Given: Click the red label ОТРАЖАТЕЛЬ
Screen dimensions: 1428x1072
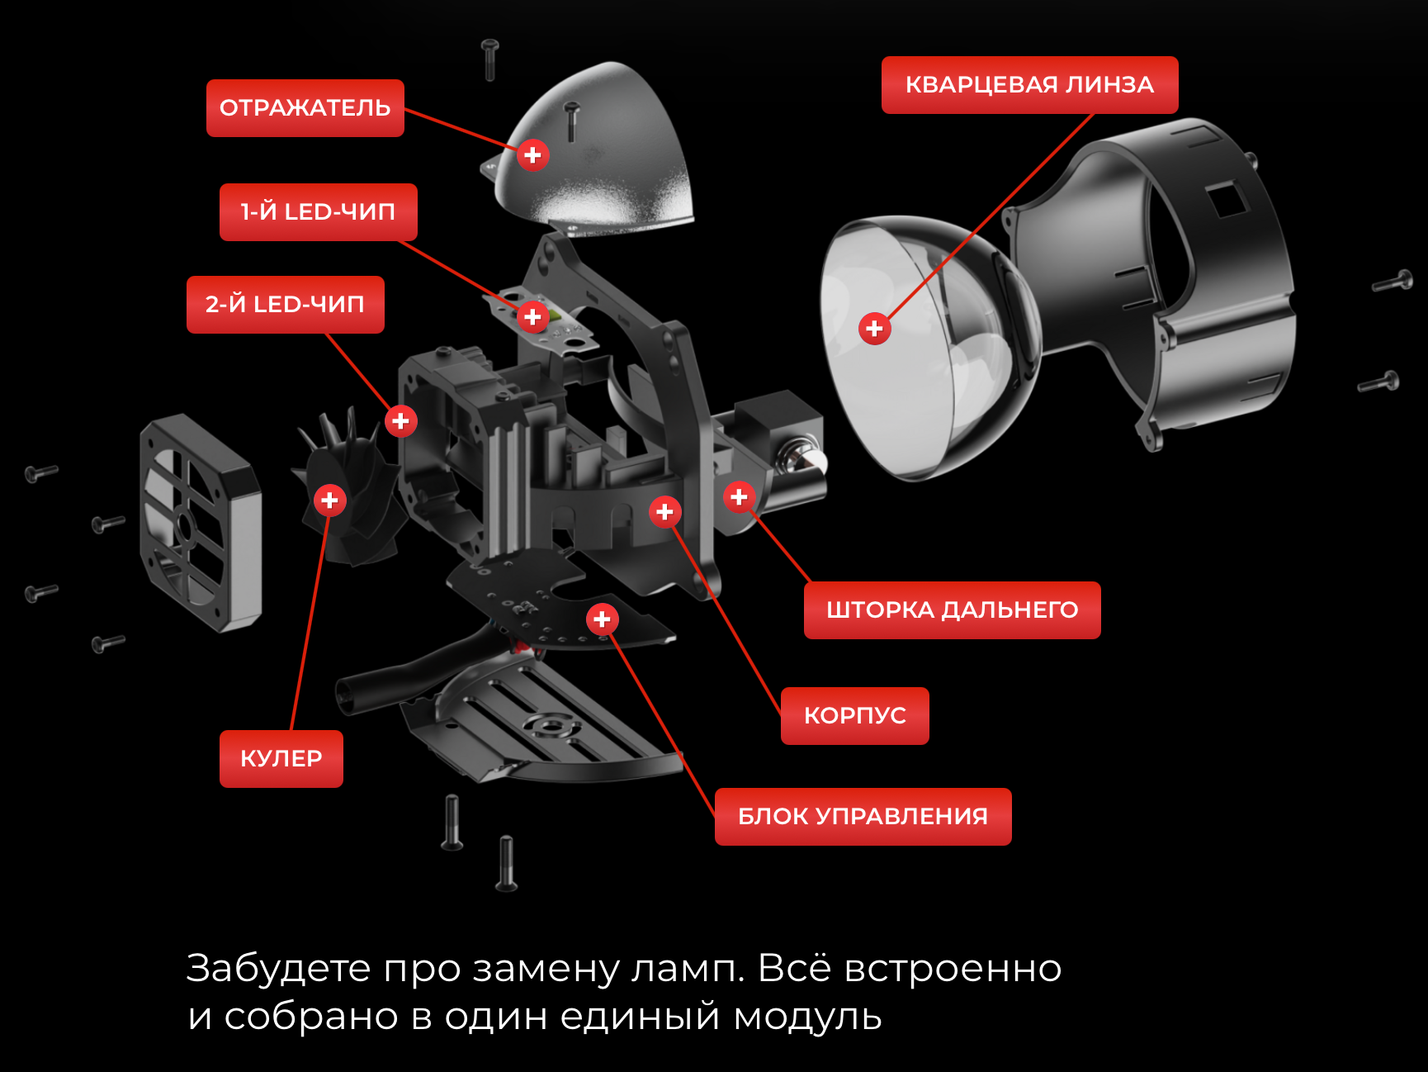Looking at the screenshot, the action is click(x=305, y=108).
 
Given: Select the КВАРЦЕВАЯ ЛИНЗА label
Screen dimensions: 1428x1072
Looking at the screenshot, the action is click(x=1029, y=85).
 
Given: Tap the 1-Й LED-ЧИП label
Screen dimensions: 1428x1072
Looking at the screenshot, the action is click(x=318, y=212).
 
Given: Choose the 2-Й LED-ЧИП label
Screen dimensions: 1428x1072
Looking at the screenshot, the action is click(x=285, y=305).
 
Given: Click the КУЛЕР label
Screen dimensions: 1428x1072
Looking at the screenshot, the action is click(x=281, y=759).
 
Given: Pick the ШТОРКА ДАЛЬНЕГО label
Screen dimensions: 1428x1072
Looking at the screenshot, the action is click(x=952, y=610).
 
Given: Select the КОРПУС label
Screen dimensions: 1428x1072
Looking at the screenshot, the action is click(x=854, y=716).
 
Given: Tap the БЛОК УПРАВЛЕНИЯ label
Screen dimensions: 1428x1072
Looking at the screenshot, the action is click(x=863, y=817).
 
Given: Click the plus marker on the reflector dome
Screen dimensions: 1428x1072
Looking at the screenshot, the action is click(x=533, y=155).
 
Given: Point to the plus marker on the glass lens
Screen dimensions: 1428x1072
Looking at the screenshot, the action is click(x=875, y=329).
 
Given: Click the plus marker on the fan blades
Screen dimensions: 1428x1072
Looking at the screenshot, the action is click(x=330, y=500).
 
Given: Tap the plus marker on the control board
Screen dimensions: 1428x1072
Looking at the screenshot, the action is click(x=603, y=619).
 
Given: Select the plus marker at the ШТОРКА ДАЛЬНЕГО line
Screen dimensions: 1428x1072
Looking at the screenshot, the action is click(x=740, y=497).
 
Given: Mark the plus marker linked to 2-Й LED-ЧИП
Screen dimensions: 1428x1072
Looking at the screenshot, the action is click(x=401, y=421).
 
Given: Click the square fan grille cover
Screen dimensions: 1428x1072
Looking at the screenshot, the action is click(x=201, y=523).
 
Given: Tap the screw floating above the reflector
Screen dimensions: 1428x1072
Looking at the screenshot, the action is click(x=490, y=59).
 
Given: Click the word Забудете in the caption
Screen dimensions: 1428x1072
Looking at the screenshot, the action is click(x=278, y=969).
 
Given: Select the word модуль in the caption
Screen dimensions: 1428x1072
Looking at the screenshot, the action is click(x=807, y=1017).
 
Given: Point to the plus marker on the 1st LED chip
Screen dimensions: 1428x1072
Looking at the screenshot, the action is click(x=533, y=317).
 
